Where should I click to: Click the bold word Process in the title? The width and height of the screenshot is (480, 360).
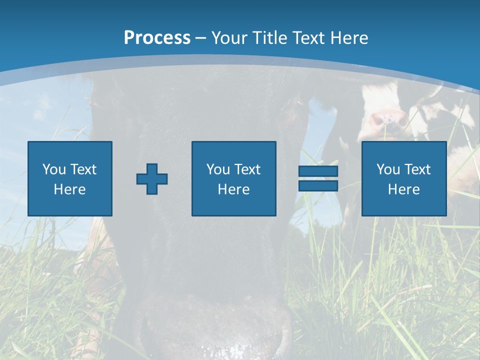(x=157, y=38)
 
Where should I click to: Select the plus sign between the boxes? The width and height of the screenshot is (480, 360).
(x=152, y=179)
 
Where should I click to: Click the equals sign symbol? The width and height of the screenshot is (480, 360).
(x=318, y=178)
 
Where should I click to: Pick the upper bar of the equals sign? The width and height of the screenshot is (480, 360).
(x=318, y=171)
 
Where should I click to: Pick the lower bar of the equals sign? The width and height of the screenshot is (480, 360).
(x=318, y=185)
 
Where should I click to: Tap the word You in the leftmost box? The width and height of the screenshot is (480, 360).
(x=54, y=169)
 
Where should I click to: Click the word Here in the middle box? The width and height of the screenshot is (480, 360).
(x=233, y=189)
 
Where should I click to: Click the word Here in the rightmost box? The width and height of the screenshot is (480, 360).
(x=403, y=189)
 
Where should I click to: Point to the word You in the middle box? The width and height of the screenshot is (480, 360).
(x=218, y=169)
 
